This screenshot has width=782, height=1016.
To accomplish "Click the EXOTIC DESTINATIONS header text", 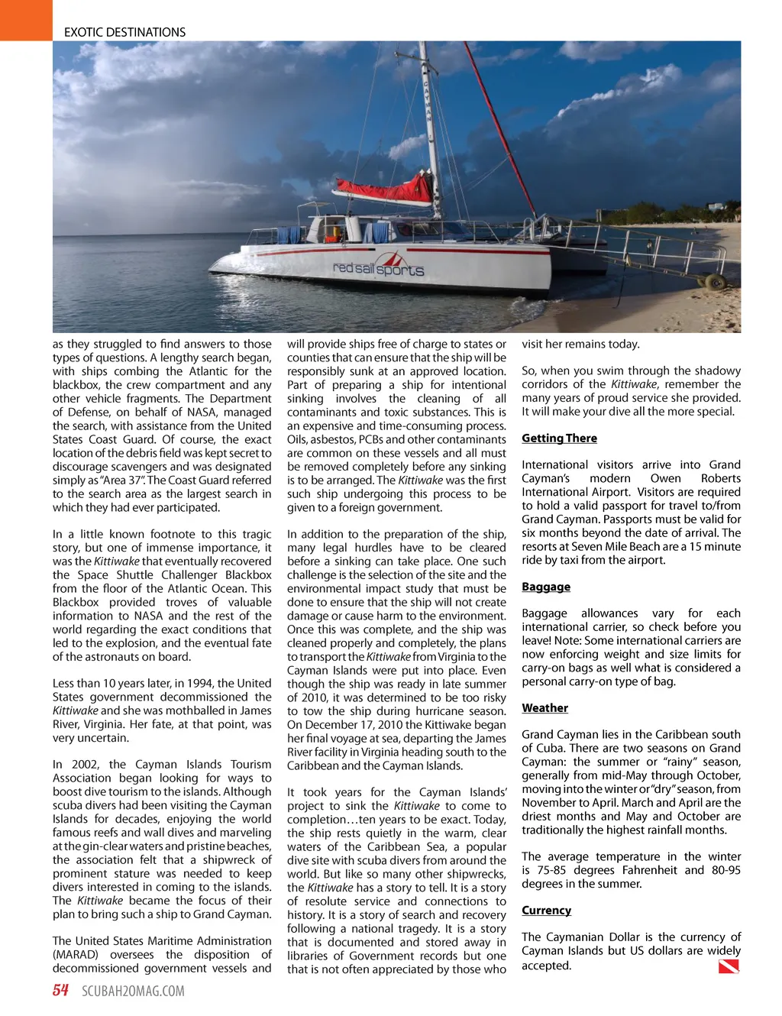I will click(124, 32).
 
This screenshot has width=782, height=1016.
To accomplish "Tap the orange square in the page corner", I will click(26, 20).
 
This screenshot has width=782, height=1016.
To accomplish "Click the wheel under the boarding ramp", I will click(716, 283).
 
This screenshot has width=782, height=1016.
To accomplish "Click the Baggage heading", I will click(546, 587).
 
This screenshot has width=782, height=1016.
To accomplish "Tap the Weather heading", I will click(544, 708).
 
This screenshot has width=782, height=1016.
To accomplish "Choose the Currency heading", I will click(546, 911).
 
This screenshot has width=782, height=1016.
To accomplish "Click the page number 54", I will click(60, 991).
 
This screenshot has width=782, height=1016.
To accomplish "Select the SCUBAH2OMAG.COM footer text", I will click(133, 992).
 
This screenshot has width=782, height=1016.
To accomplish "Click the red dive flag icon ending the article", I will click(729, 966).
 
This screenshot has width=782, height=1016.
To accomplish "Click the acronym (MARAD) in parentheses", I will click(75, 955).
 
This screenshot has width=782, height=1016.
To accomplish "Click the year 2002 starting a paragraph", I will click(85, 765).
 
